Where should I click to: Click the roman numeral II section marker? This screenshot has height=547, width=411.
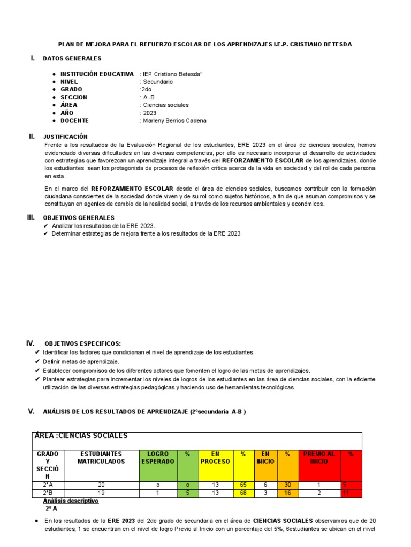coord(32,136)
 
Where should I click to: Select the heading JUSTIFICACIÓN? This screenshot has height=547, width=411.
coord(65,137)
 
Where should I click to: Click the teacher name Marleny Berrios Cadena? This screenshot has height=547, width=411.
coord(174,121)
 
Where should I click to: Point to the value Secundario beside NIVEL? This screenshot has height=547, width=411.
coord(157,82)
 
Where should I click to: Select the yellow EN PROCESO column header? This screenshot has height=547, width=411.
coord(215,457)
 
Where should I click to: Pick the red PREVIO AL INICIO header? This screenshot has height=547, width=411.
coord(319,457)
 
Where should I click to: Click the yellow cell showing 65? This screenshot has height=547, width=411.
coord(243,485)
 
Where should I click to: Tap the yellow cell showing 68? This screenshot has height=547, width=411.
coord(243,493)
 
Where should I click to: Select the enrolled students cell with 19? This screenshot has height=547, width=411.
coord(101,493)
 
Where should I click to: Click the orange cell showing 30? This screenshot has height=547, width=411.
coord(287,485)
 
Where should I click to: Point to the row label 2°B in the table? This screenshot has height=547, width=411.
coord(48,493)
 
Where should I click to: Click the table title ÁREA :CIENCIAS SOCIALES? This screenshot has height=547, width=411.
coord(81,436)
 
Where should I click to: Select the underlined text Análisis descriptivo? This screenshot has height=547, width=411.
coord(71,501)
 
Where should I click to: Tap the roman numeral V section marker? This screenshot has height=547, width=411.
coord(31,411)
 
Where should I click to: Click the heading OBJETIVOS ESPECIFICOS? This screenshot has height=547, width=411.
coord(83,343)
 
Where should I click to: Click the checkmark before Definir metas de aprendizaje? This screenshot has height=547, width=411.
coord(37,362)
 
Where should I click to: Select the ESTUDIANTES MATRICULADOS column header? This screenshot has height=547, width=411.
coord(101,457)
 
